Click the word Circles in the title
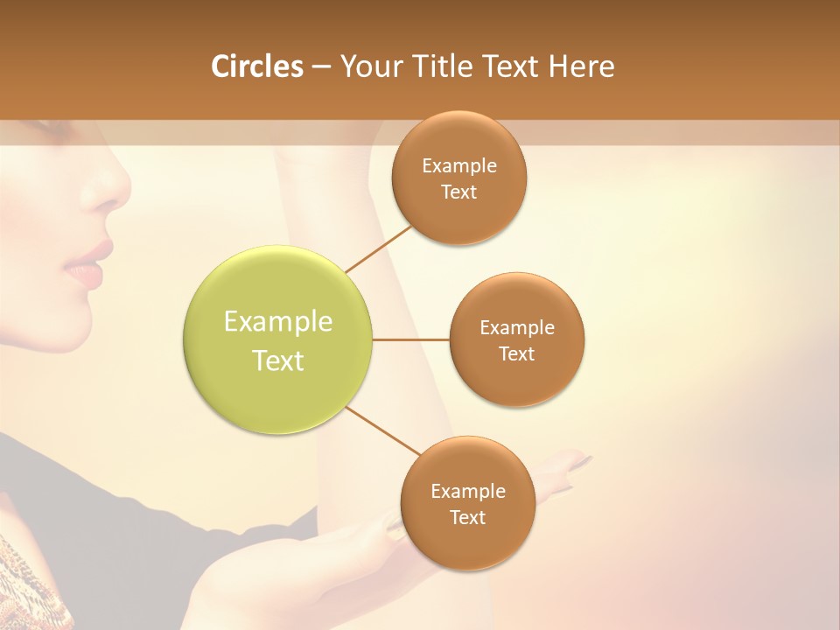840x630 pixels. tap(256, 66)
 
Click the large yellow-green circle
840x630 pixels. tap(278, 340)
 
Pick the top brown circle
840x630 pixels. tap(458, 178)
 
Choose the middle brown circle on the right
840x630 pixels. tap(516, 339)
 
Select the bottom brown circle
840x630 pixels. tap(467, 503)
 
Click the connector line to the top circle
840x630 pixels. tap(378, 248)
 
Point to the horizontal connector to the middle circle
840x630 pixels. tap(410, 339)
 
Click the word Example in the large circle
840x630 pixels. tap(278, 322)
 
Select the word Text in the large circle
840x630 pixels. tap(278, 360)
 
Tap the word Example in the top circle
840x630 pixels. tap(458, 166)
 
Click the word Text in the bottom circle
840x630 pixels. tap(467, 517)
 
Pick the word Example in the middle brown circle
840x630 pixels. tap(516, 328)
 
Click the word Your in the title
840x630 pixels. tap(369, 66)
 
